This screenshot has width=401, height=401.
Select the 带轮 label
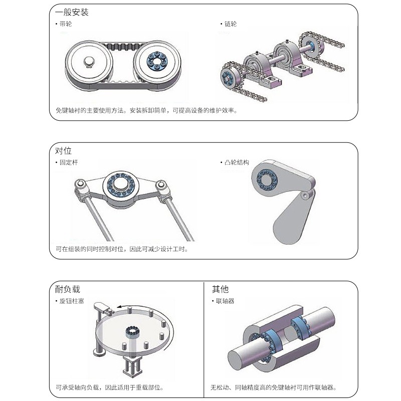tap(65, 24)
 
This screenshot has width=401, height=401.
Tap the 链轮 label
tap(230, 24)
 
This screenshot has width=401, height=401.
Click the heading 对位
tap(64, 151)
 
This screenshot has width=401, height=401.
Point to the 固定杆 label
tap(68, 162)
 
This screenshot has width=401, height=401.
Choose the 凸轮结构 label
tap(236, 162)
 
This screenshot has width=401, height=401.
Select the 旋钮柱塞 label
tap(71, 301)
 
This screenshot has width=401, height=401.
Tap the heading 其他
tap(220, 289)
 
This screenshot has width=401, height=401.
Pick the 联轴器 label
tap(225, 301)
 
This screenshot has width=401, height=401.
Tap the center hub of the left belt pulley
tap(89, 63)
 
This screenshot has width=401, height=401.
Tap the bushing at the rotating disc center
tap(132, 332)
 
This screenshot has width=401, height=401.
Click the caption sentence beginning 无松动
tap(273, 387)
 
